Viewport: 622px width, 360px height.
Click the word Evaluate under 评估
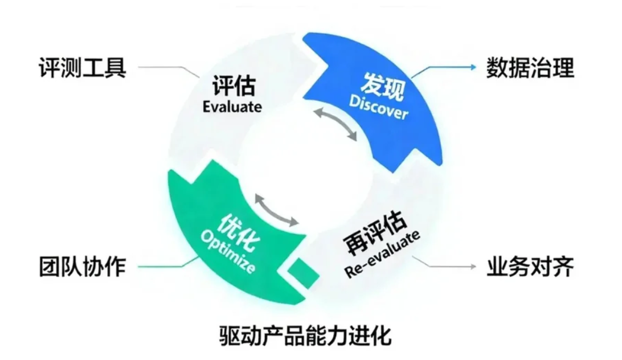[232, 107]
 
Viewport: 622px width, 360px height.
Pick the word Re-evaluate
[382, 254]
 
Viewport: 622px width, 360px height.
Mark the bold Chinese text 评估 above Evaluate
[233, 87]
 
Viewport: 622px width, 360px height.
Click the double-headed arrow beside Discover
[337, 123]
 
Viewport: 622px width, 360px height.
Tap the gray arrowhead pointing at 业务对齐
[472, 267]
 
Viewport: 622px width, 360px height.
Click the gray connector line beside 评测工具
[165, 67]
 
